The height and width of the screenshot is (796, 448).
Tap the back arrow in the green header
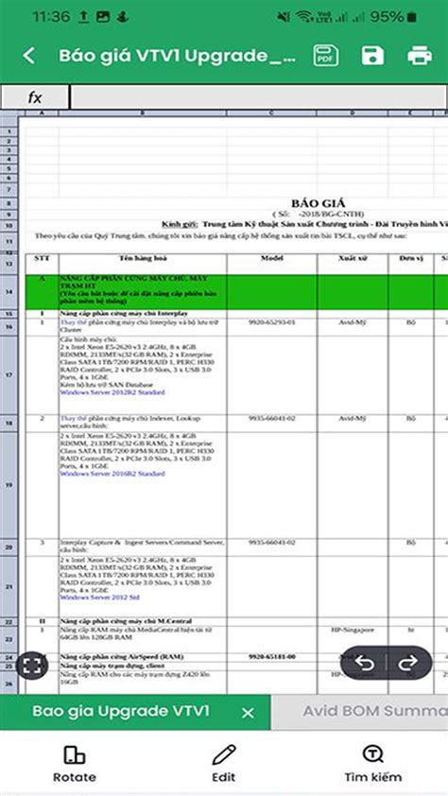[x=29, y=56]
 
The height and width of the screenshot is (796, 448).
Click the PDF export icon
[x=326, y=56]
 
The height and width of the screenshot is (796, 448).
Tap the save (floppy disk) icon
[x=373, y=56]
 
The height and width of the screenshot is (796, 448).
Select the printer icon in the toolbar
[x=420, y=56]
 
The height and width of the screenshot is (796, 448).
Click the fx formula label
[x=35, y=97]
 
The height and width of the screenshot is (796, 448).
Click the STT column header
[x=41, y=258]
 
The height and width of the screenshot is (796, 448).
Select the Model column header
[x=272, y=258]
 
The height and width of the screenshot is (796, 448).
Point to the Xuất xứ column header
[x=353, y=258]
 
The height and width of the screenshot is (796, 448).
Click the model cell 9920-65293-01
[x=272, y=322]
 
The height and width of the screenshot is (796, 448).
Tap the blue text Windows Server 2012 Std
[x=99, y=597]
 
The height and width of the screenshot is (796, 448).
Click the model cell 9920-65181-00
[x=272, y=656]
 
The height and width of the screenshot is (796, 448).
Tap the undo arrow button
[x=365, y=663]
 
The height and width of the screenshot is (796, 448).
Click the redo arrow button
[x=408, y=663]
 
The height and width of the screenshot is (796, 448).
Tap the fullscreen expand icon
[x=32, y=665]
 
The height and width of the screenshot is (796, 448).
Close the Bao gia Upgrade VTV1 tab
[x=248, y=713]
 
